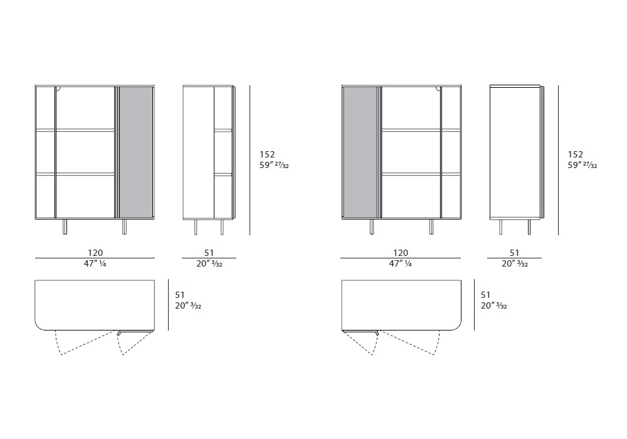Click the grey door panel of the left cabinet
136,152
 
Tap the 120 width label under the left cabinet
95,253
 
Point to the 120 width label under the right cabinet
401,253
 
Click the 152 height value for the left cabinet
267,154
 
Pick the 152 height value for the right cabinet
576,154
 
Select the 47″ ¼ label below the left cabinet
95,263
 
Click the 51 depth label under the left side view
209,253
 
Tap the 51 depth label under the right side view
514,253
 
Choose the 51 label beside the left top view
180,295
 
